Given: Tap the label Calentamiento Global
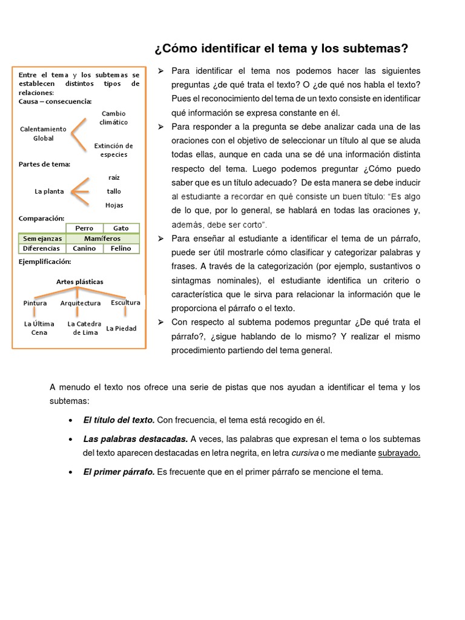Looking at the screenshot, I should pyautogui.click(x=43, y=133).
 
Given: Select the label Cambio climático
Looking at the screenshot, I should pyautogui.click(x=114, y=117).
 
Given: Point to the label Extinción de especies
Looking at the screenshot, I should pyautogui.click(x=113, y=150).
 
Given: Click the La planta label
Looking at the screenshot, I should pyautogui.click(x=49, y=191).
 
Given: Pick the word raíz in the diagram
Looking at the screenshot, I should pyautogui.click(x=114, y=177).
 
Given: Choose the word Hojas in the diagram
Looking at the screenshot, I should pyautogui.click(x=114, y=205).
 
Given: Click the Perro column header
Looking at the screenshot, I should pyautogui.click(x=84, y=228).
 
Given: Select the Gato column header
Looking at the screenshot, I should pyautogui.click(x=121, y=228).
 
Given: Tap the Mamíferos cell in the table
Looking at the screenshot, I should pyautogui.click(x=102, y=239).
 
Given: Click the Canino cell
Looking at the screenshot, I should pyautogui.click(x=84, y=248).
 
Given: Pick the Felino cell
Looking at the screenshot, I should pyautogui.click(x=121, y=248).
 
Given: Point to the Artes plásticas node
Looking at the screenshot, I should pyautogui.click(x=80, y=282).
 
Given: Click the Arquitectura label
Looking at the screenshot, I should pyautogui.click(x=81, y=303).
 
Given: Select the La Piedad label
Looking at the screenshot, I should pyautogui.click(x=121, y=328).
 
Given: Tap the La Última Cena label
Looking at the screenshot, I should pyautogui.click(x=39, y=328).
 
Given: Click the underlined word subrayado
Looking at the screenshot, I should pyautogui.click(x=399, y=453).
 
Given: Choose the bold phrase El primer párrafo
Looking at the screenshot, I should pyautogui.click(x=119, y=472).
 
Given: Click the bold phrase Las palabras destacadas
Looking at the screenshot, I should pyautogui.click(x=135, y=439).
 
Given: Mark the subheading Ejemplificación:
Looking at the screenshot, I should pyautogui.click(x=45, y=262).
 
